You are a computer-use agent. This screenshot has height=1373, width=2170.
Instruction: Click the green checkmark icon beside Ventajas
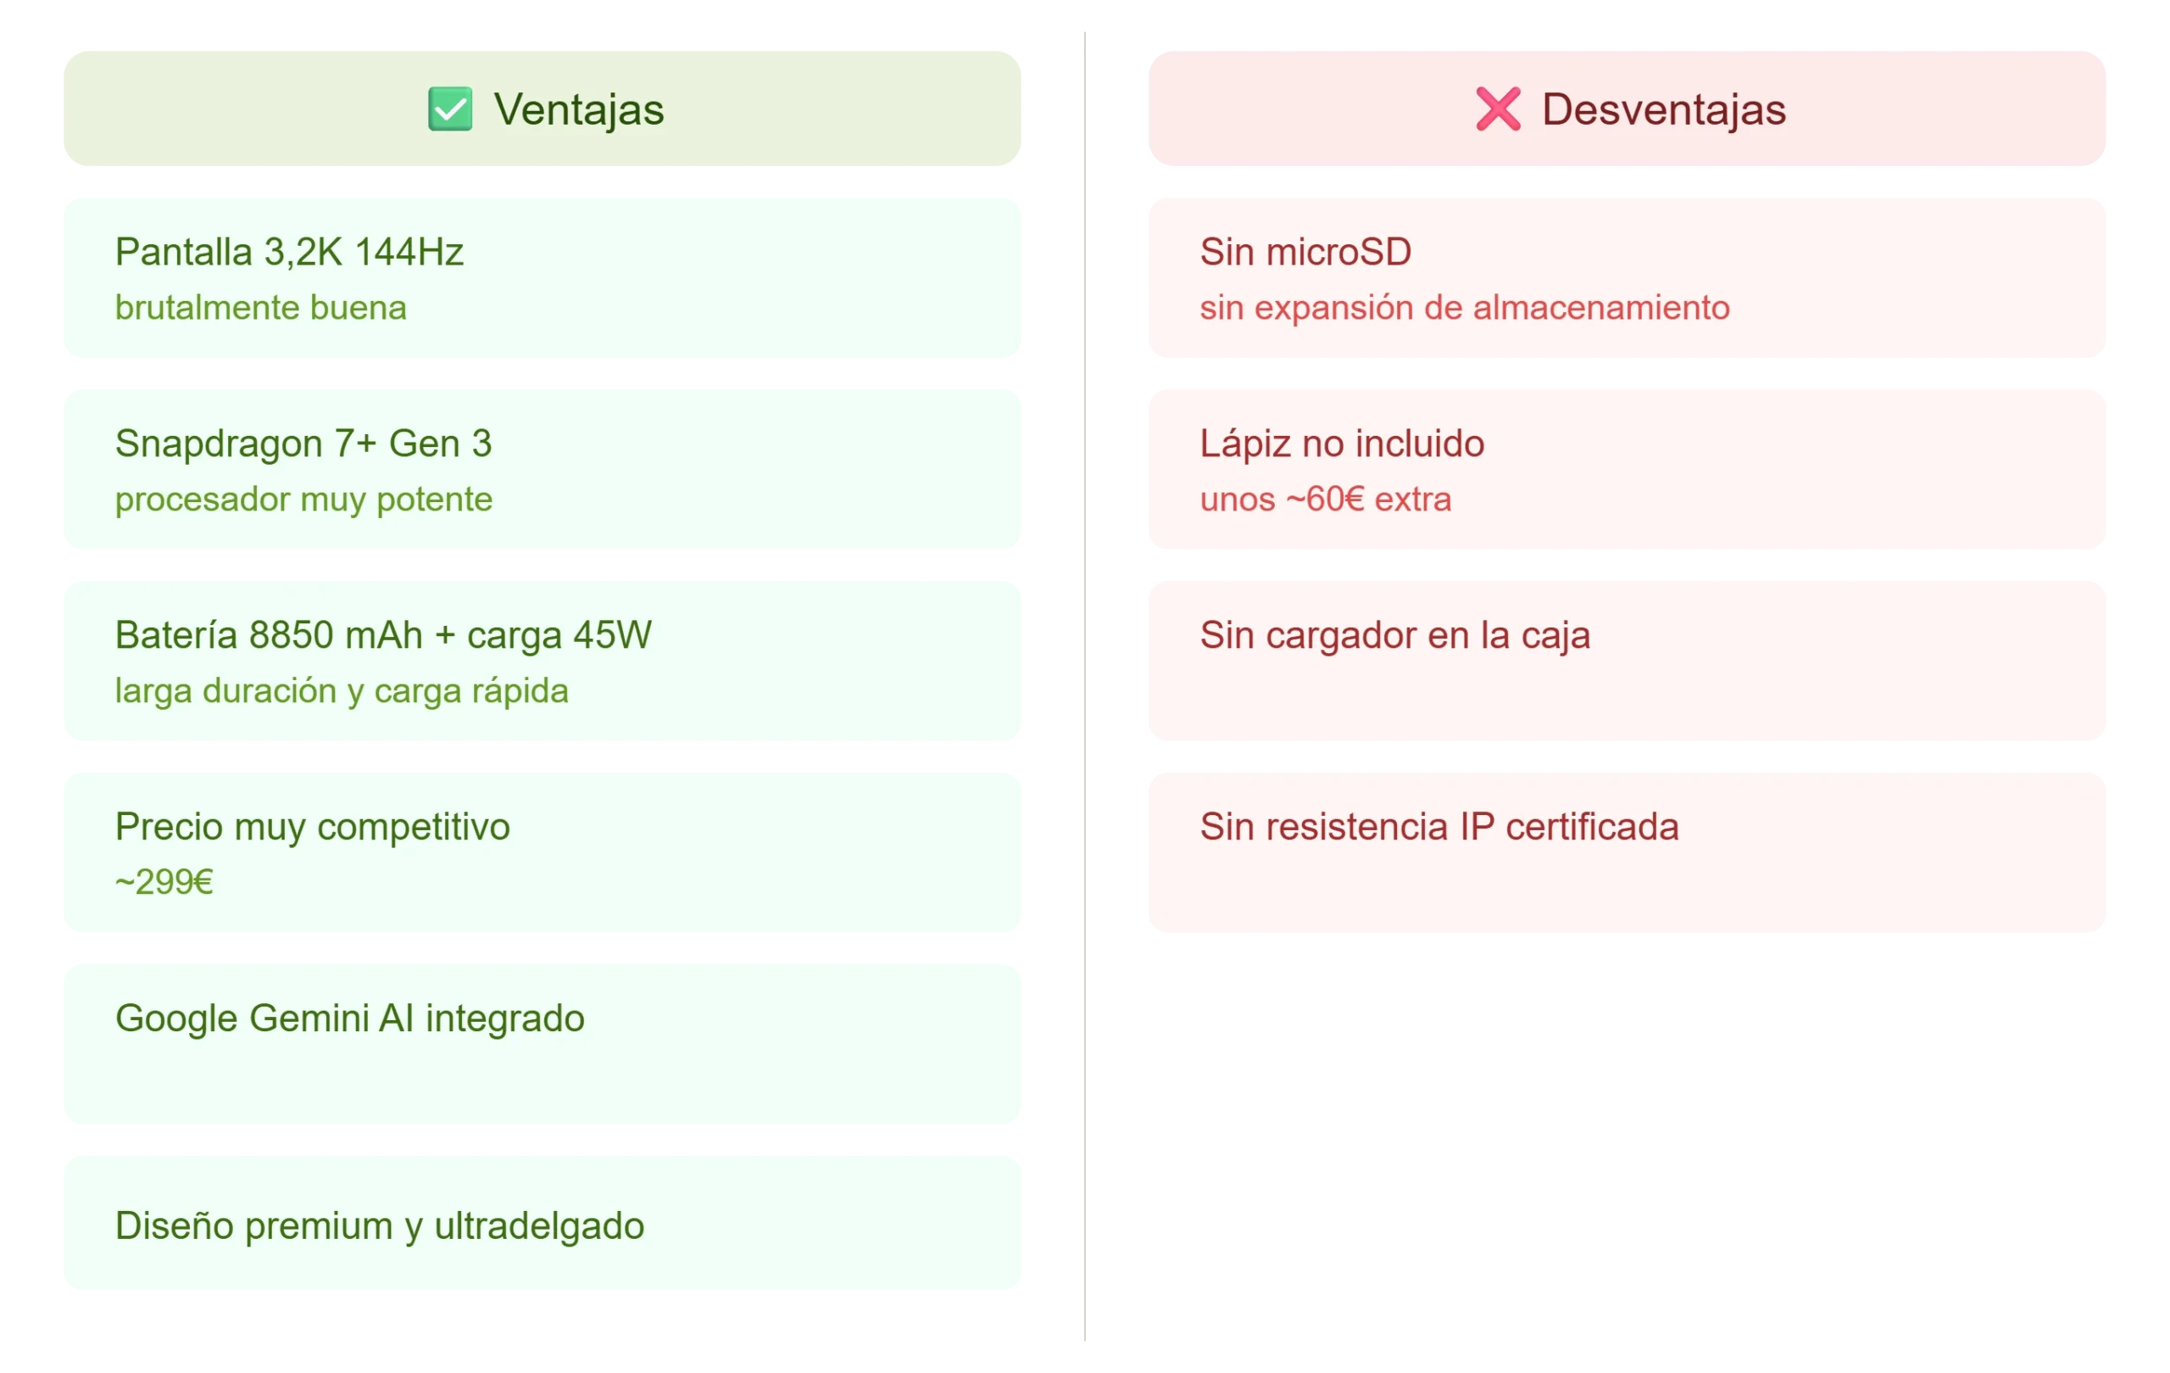449,109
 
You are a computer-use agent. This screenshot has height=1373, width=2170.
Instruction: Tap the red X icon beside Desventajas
1498,109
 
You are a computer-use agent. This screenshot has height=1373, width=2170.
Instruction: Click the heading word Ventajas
579,110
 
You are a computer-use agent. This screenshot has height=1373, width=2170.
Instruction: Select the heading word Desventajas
1664,110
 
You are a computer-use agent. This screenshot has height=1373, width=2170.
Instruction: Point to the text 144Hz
409,253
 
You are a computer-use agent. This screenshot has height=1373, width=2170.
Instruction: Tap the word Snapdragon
219,444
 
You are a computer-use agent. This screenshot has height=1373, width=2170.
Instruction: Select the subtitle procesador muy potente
303,500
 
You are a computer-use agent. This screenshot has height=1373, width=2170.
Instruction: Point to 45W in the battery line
612,635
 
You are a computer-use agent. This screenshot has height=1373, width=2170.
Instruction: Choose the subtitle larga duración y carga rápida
342,691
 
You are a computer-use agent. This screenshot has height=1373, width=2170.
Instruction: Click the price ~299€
164,882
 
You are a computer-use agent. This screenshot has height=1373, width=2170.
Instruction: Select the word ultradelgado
539,1227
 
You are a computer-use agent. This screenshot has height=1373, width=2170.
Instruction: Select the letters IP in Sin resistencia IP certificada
1477,828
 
